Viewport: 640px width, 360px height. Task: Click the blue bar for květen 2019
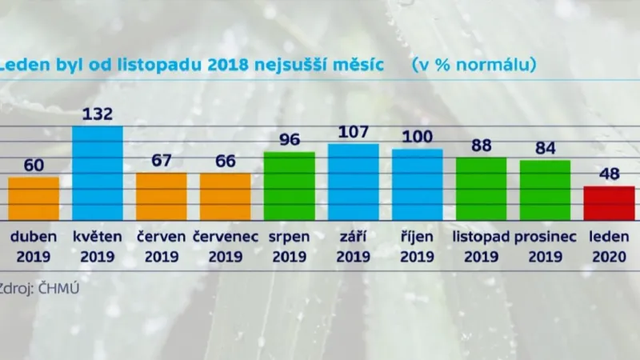click(98, 173)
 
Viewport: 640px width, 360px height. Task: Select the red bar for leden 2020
click(609, 203)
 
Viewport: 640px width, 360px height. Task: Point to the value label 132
click(98, 113)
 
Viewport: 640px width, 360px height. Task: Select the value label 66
click(225, 160)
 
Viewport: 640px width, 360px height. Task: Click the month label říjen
click(417, 238)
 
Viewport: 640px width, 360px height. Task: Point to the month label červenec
click(225, 238)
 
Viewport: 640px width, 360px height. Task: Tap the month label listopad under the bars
click(481, 238)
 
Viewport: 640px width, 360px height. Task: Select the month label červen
click(161, 238)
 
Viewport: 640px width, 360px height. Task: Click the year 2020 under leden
click(609, 257)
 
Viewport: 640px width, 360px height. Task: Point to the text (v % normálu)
click(473, 63)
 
